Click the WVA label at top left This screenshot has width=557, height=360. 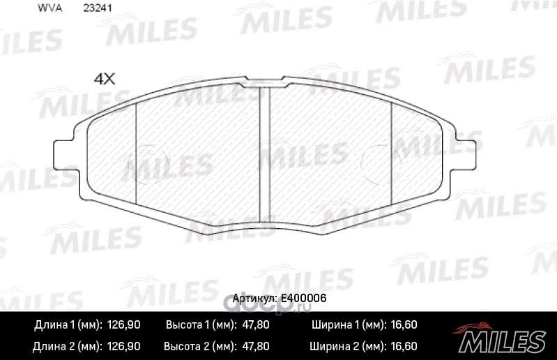[x=49, y=8]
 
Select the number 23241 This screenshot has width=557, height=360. [x=98, y=8]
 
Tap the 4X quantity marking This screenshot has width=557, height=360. [x=105, y=79]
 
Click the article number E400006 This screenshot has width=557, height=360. [x=303, y=298]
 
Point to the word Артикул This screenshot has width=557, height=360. [x=254, y=299]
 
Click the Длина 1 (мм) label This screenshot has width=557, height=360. [x=68, y=325]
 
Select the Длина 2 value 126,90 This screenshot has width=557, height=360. [x=123, y=346]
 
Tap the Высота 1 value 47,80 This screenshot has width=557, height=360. [x=255, y=325]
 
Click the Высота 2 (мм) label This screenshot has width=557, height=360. [x=200, y=346]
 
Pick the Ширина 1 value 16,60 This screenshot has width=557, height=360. [x=404, y=325]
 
